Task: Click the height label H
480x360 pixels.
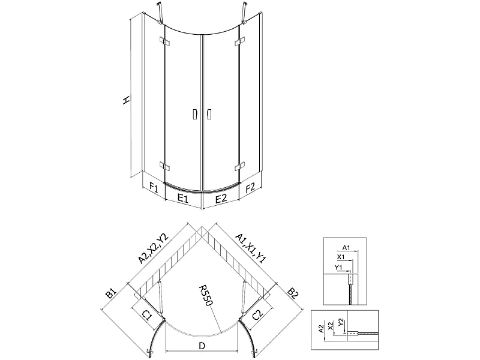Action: coord(126,100)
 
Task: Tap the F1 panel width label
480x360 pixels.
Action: coord(154,187)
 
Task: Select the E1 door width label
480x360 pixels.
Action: coord(183,199)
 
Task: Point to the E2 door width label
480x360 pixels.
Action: coord(221,199)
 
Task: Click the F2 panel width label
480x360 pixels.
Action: coord(250,187)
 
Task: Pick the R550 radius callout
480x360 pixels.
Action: coord(206,295)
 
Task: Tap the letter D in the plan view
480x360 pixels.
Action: coord(202,346)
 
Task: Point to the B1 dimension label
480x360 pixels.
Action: coord(111,293)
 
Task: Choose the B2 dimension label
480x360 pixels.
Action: coord(293,293)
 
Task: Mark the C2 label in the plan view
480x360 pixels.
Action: coord(258,314)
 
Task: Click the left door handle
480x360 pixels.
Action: coord(194,114)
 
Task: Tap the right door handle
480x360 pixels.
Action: coord(209,114)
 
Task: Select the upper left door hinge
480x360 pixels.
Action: coord(164,41)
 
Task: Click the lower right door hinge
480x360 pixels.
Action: coord(240,167)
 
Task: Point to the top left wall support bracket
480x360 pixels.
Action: coord(160,13)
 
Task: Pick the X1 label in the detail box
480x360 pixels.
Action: coord(341,257)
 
